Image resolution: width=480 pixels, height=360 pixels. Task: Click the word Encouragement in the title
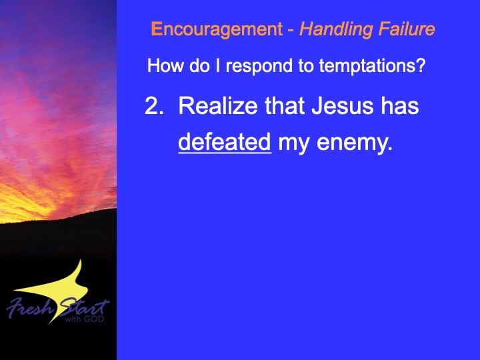coord(217,29)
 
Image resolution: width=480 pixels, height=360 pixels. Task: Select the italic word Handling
coord(336,30)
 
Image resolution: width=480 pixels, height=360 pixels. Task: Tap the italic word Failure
coord(407,29)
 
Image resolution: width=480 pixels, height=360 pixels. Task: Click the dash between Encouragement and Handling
coord(291,31)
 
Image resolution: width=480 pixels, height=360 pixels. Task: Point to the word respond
coord(259,66)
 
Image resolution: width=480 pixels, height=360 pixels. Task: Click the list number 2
coord(154,106)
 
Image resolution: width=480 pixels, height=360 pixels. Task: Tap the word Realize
coord(218,105)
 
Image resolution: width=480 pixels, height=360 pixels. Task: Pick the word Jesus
coord(342,106)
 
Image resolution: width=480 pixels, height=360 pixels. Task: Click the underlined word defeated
coord(225,142)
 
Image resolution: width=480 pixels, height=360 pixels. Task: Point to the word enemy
coord(355,143)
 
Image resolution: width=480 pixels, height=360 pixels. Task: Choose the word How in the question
coord(165,65)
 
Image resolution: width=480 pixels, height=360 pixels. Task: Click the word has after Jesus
coord(399,105)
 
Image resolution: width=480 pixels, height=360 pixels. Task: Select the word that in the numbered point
coord(285,105)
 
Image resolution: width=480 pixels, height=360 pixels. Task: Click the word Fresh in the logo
coord(30,307)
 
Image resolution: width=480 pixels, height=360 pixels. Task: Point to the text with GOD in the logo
coord(85,319)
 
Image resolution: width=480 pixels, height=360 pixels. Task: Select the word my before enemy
coord(293,144)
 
